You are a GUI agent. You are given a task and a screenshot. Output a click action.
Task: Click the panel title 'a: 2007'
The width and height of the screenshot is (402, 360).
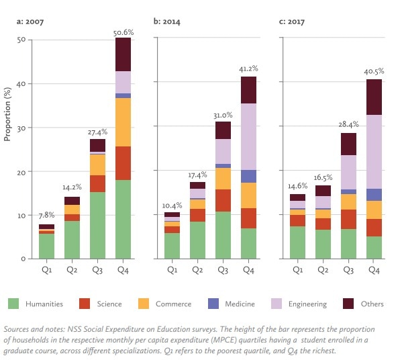coord(31,21)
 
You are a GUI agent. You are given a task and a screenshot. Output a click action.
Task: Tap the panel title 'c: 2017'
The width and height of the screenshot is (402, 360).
coord(293,21)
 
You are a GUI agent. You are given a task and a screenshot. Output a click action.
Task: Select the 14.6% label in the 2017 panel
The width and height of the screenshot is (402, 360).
coord(298,186)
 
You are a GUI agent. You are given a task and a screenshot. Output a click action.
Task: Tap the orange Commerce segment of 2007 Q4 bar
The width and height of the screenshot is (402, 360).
coord(123,122)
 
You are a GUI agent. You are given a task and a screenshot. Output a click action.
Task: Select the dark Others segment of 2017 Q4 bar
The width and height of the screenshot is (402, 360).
coord(374,97)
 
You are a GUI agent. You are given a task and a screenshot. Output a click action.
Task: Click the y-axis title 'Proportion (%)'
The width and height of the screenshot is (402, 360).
coord(7,117)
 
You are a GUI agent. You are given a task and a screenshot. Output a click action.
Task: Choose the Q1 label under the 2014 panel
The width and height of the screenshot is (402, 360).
coord(172,269)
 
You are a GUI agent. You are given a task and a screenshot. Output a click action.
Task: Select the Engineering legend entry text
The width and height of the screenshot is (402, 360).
coord(308,304)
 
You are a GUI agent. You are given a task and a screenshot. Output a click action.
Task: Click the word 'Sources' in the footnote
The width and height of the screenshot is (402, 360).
coord(19,329)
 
